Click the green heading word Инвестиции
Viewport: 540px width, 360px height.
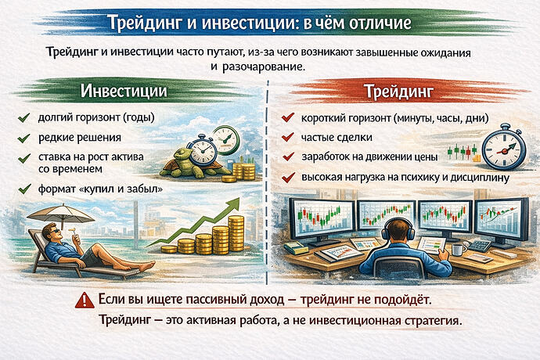click(x=124, y=92)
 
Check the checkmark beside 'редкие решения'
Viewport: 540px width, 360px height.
click(x=23, y=139)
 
